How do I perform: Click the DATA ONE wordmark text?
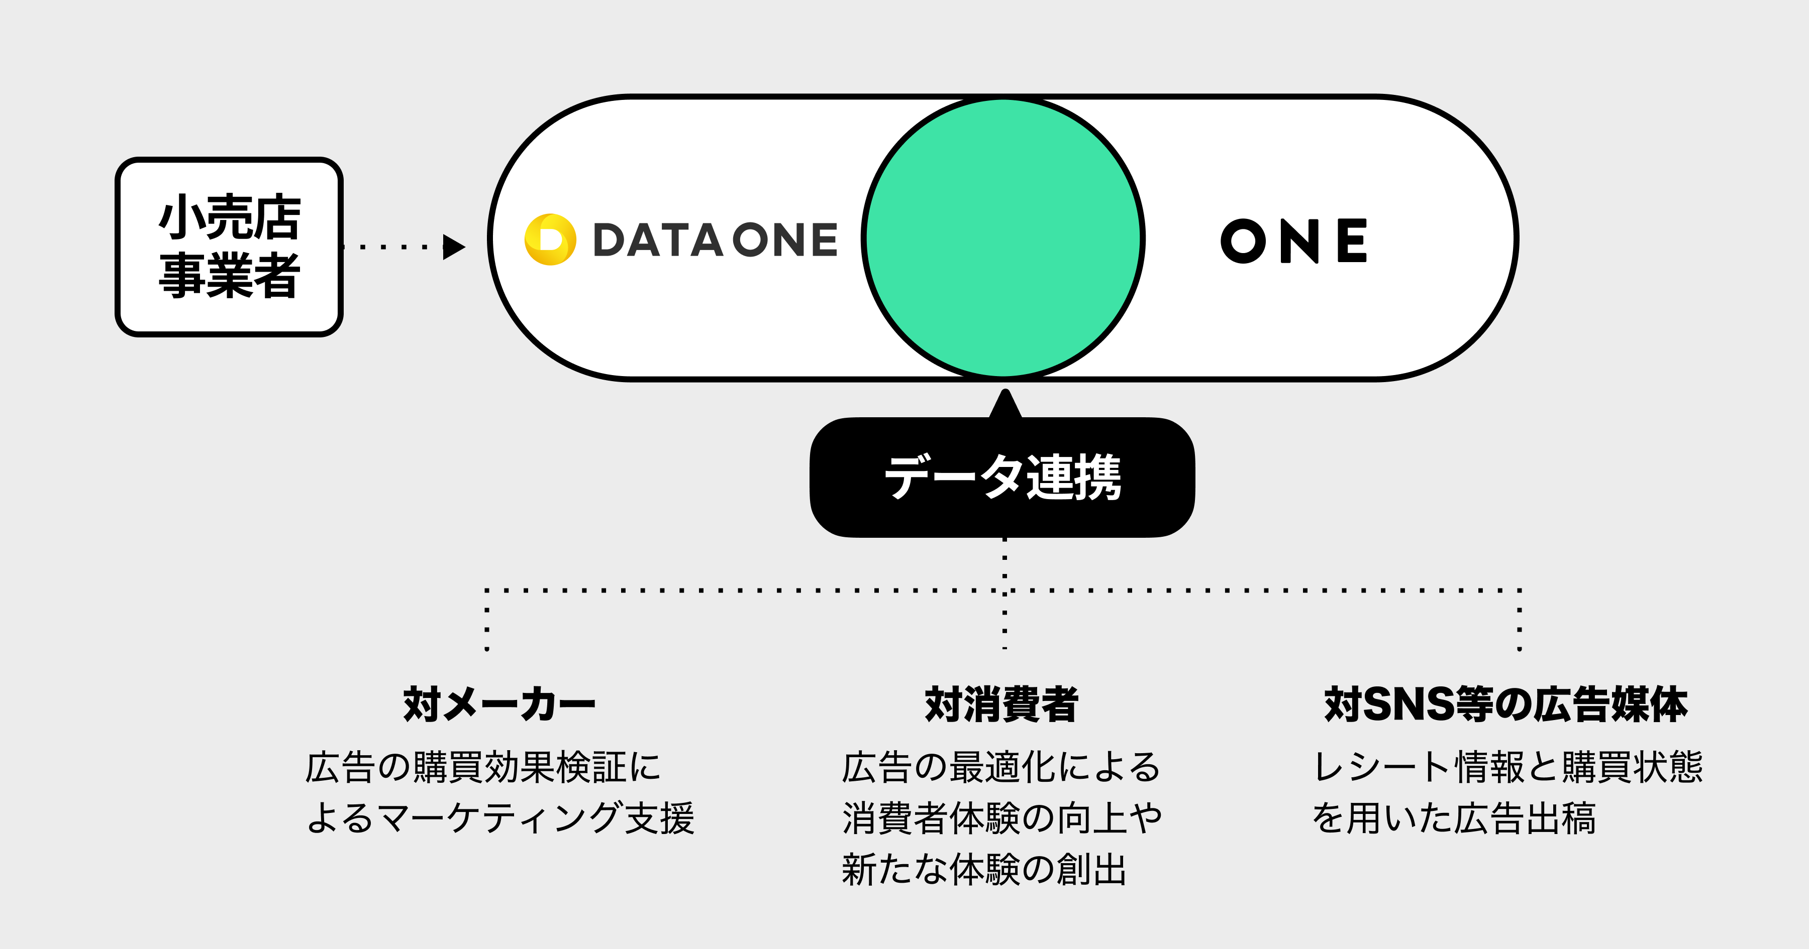tap(715, 240)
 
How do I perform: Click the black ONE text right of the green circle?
tap(1293, 241)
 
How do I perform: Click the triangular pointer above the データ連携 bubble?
tap(1005, 406)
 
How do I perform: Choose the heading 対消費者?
tap(1001, 704)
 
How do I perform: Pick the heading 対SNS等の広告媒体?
tap(1505, 704)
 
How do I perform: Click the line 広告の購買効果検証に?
tap(483, 767)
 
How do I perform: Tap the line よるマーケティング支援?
tap(500, 818)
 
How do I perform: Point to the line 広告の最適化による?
tap(1001, 767)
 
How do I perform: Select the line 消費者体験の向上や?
tap(1002, 818)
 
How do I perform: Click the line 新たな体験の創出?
tap(984, 870)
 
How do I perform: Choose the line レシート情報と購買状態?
tap(1507, 767)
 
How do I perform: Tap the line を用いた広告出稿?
tap(1454, 818)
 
